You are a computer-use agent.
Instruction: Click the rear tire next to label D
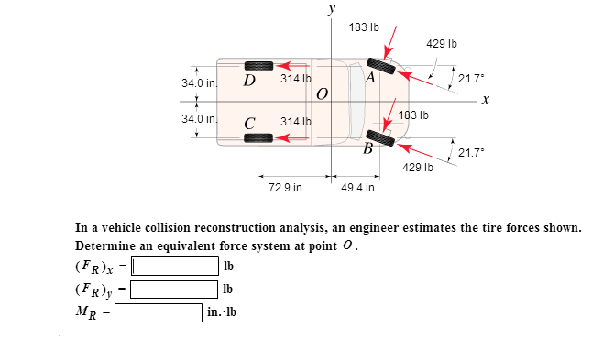point(258,66)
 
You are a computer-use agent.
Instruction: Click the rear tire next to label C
point(258,137)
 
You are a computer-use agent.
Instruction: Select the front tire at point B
point(380,137)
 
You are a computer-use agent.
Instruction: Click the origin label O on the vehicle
point(321,94)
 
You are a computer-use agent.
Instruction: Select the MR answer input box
point(159,311)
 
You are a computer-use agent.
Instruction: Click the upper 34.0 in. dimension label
point(199,83)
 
